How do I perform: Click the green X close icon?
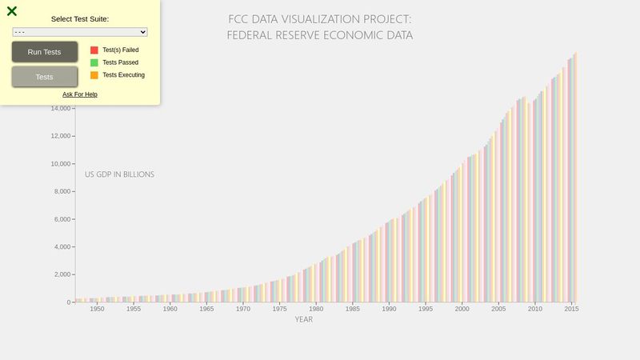coord(12,11)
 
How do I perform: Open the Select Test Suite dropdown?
coord(80,32)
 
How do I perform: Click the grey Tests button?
coord(45,77)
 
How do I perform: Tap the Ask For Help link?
coord(80,94)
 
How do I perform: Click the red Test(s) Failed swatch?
coord(94,50)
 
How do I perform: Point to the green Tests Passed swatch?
coord(94,62)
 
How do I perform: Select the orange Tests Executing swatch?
coord(94,75)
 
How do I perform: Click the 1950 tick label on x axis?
coord(97,309)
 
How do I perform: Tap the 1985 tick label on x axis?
coord(352,309)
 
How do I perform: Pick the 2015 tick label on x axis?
coord(571,309)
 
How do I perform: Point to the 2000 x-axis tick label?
coord(462,309)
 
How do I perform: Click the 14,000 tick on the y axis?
coord(58,109)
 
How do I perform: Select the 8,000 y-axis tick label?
coord(61,192)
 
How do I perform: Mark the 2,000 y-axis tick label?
coord(61,274)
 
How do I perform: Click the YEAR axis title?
coord(304,320)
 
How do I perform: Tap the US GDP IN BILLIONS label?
coord(120,174)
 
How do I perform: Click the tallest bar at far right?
coord(575,176)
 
